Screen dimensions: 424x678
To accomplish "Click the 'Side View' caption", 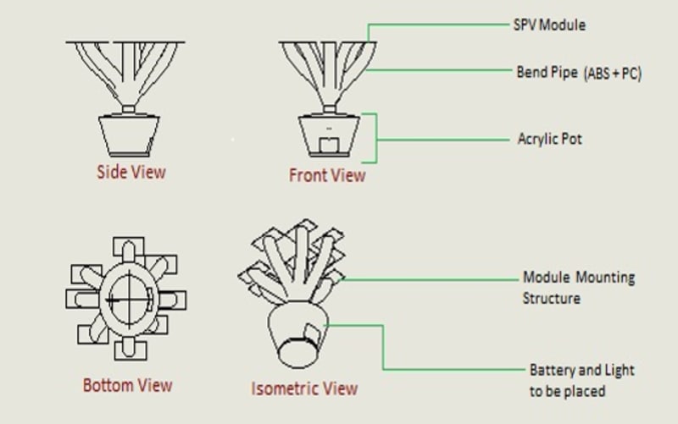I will pyautogui.click(x=131, y=172).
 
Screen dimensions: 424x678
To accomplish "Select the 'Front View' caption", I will pyautogui.click(x=327, y=175).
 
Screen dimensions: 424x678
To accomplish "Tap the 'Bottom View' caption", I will pyautogui.click(x=127, y=386).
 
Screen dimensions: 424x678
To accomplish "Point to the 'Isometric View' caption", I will pyautogui.click(x=304, y=388).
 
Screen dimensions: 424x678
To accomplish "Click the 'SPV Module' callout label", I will pyautogui.click(x=551, y=25).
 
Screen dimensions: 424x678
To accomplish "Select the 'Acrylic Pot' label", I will pyautogui.click(x=550, y=138).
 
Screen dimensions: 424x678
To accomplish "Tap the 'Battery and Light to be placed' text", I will pyautogui.click(x=581, y=380).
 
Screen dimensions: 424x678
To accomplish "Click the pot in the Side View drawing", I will pyautogui.click(x=127, y=134).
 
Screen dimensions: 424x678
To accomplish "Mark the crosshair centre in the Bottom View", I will pyautogui.click(x=128, y=298).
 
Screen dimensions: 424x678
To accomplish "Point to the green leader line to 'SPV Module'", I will pyautogui.click(x=441, y=25).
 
